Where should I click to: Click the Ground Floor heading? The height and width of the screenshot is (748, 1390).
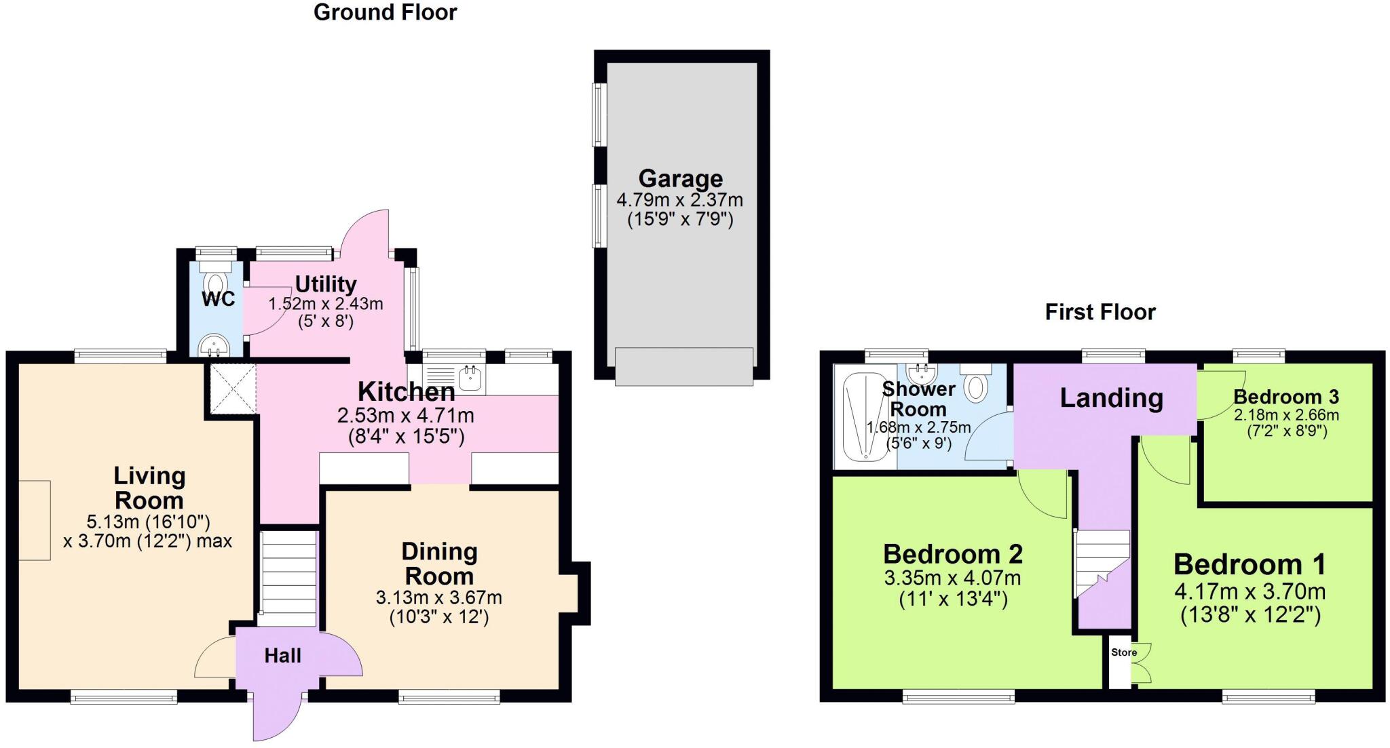pos(385,12)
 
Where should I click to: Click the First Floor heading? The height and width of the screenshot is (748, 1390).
pos(1100,312)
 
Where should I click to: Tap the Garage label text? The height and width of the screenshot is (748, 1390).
pos(680,179)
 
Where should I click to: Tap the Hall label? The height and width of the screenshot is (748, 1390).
pos(282,656)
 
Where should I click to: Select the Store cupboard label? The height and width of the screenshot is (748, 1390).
pos(1123,652)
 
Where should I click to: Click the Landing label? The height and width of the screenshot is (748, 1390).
pos(1111,398)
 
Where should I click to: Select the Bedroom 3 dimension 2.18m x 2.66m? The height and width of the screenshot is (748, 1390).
pos(1286,415)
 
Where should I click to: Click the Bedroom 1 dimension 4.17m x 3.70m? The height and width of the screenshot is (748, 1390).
pos(1250,592)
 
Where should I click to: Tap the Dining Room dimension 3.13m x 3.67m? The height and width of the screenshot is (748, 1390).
pos(438,598)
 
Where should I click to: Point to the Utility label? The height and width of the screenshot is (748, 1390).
pos(326,284)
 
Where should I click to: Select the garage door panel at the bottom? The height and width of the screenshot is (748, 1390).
pos(683,366)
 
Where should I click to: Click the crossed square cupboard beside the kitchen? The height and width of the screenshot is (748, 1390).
pos(232,389)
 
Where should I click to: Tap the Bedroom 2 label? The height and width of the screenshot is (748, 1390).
pos(952,555)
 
